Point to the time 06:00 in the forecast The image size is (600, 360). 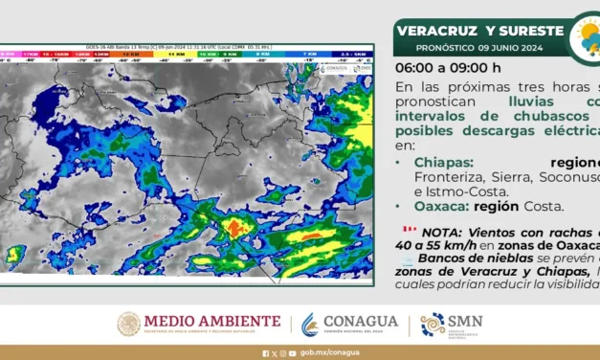click(413, 68)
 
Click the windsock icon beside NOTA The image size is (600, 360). click(409, 231)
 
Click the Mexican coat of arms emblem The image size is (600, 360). click(128, 325)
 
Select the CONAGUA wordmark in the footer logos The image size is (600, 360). click(361, 321)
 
